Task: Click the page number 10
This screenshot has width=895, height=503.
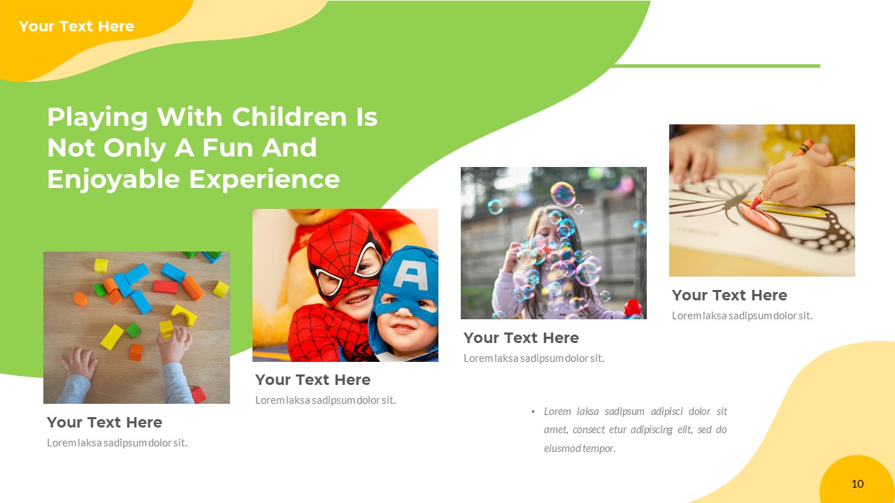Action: point(857,483)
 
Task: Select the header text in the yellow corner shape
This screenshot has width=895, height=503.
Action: point(76,27)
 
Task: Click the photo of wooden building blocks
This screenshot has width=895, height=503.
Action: point(136,327)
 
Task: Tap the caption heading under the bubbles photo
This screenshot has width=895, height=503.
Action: point(521,338)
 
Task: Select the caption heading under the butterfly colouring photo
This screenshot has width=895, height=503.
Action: point(729,296)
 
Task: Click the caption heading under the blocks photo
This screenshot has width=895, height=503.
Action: point(104,423)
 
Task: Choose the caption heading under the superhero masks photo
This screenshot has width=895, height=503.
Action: point(313,380)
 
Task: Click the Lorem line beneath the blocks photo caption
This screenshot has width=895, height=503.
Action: point(117,443)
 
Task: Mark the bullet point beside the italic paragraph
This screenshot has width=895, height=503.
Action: point(534,411)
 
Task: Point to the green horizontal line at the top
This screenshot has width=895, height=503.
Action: point(716,66)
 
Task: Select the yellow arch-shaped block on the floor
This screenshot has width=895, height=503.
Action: point(184,315)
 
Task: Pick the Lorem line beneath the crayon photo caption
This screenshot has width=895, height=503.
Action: point(742,316)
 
